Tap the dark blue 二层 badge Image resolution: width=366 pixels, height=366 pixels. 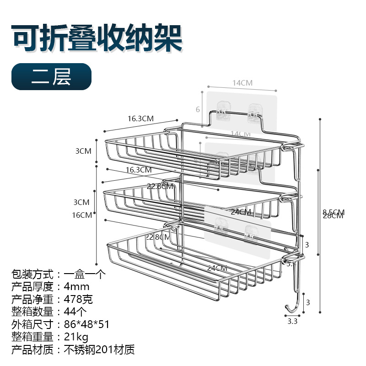click(x=51, y=76)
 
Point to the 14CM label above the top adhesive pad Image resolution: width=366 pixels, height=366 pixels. click(x=242, y=83)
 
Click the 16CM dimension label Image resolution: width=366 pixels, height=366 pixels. click(x=82, y=215)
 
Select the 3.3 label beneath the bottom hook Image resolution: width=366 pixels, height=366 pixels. click(x=292, y=322)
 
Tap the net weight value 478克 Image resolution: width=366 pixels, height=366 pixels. click(x=78, y=300)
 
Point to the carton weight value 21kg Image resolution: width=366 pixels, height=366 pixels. click(x=75, y=337)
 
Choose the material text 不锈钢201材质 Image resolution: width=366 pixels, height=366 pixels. click(x=99, y=350)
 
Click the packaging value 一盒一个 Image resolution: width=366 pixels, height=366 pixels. click(x=84, y=275)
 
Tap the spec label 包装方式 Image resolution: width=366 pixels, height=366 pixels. click(x=32, y=275)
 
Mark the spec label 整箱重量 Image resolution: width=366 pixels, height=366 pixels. click(x=32, y=337)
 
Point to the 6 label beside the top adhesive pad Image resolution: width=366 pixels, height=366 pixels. click(x=198, y=109)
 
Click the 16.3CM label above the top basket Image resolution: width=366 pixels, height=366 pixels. click(x=140, y=118)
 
